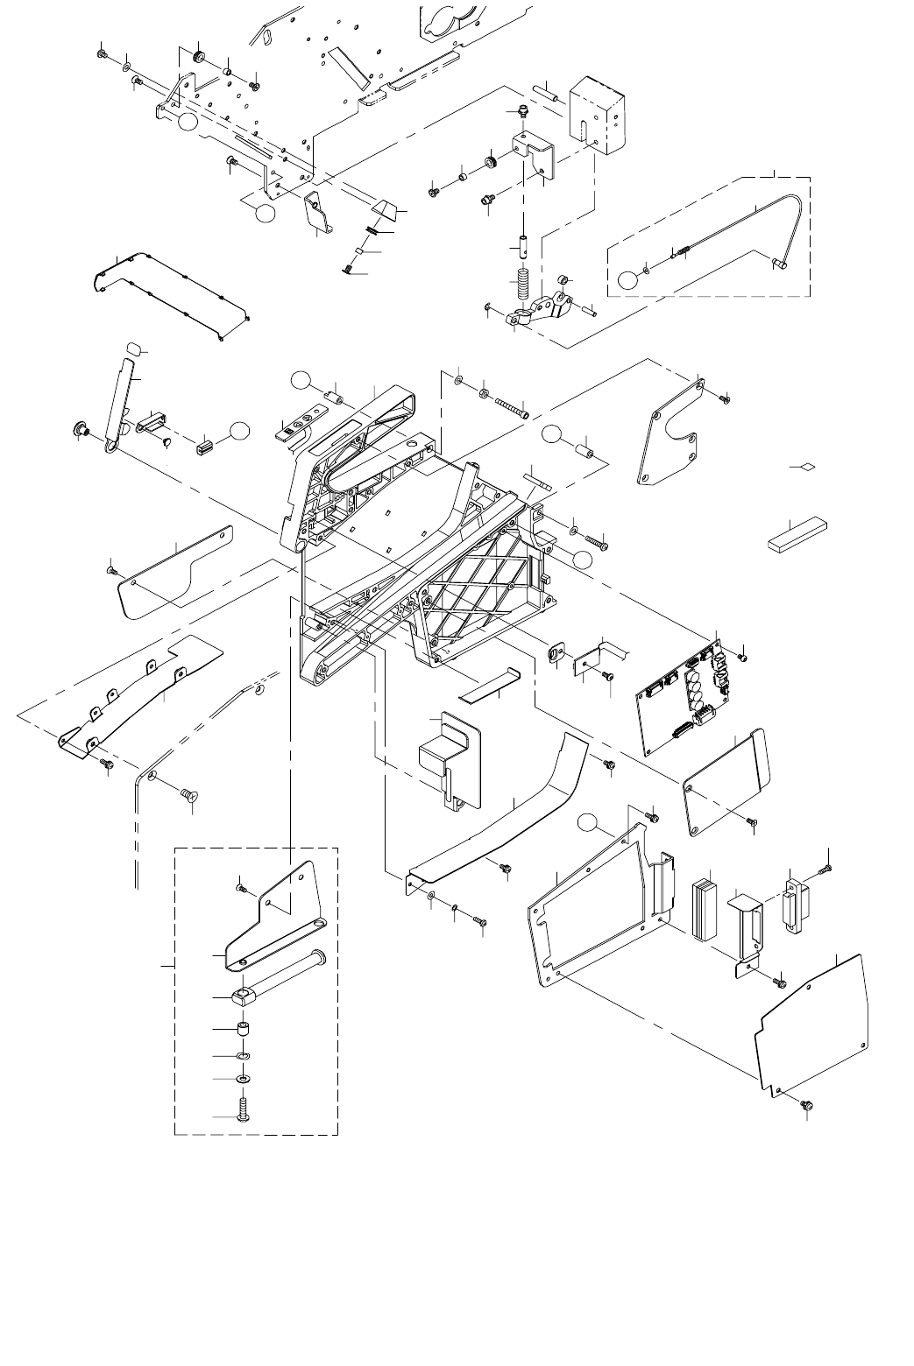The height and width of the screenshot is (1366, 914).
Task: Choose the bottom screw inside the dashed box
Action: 244,1111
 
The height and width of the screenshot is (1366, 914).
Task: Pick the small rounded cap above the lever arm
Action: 133,350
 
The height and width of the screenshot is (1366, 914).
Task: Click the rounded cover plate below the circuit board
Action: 726,771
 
